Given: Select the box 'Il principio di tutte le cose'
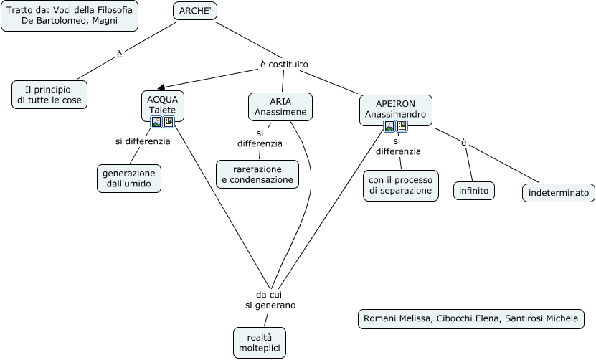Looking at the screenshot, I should click(x=50, y=95).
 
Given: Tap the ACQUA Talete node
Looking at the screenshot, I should click(x=163, y=104).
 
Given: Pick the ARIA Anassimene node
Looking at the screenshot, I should click(x=280, y=106).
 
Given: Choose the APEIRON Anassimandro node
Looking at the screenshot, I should click(x=395, y=108).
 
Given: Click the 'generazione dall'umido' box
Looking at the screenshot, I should click(x=129, y=179).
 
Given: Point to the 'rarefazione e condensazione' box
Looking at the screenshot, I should click(x=257, y=174).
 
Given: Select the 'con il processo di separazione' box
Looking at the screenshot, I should click(x=401, y=185).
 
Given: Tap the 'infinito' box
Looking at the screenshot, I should click(x=474, y=191).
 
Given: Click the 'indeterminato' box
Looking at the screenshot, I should click(x=558, y=193).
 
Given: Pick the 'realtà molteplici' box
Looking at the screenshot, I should click(x=260, y=343).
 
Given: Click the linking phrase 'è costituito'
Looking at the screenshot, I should click(x=284, y=65).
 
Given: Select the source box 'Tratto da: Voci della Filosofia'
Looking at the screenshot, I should click(x=69, y=16).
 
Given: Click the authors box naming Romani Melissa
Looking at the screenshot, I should click(x=470, y=318).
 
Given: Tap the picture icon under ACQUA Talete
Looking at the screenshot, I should click(x=156, y=122).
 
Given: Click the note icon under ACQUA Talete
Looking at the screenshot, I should click(x=169, y=122).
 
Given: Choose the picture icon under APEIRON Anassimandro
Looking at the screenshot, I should click(x=389, y=126).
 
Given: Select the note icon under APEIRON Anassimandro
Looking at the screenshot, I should click(x=402, y=126).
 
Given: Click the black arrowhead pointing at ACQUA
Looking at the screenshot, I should click(x=161, y=87).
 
